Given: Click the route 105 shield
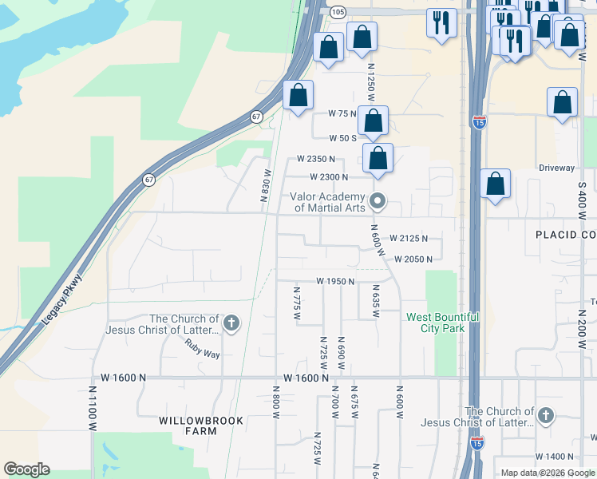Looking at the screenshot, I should tap(337, 11).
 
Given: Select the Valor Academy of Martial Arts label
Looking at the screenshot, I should tap(327, 202).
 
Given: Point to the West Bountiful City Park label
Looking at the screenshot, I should tap(442, 323).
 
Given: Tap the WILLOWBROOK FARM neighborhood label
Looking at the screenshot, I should tap(188, 426).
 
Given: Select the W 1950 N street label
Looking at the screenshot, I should tap(334, 281).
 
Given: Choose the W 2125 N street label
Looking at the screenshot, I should tap(409, 238).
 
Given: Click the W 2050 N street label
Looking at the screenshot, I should tap(413, 259).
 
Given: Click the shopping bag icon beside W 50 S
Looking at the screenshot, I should tap(373, 121).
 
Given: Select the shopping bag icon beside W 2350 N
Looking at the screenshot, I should tap(378, 159).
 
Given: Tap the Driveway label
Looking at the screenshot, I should tap(556, 168).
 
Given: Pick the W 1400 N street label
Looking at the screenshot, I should tap(554, 456).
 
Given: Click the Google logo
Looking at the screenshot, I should tap(26, 469).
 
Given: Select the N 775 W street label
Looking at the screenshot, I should tap(296, 303).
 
